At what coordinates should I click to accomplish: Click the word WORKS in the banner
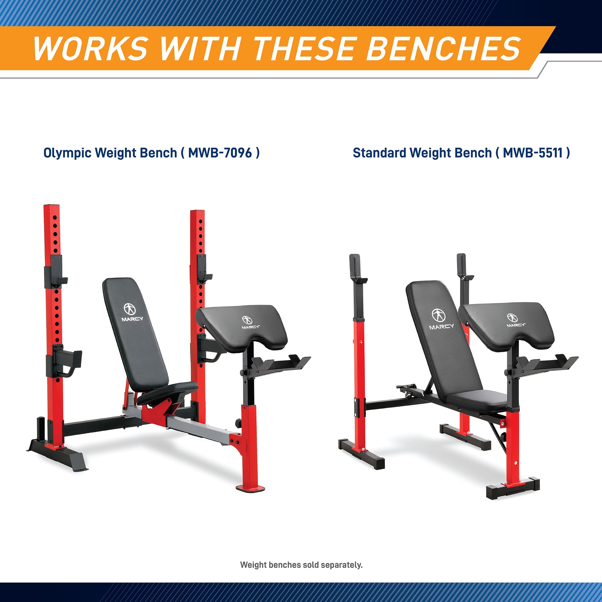90,49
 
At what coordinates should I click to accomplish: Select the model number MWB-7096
220,153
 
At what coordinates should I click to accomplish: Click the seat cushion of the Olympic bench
167,393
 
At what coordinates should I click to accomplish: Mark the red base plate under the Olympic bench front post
251,488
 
